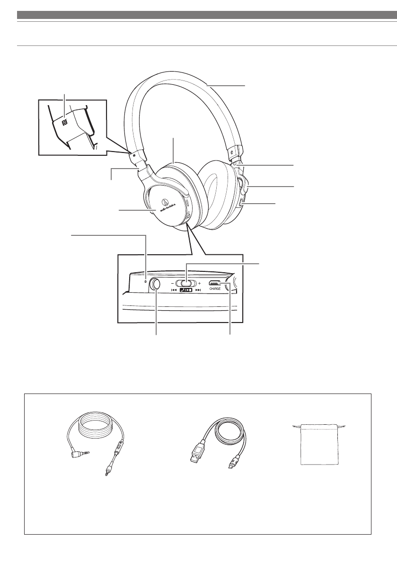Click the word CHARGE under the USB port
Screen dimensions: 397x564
[x=217, y=289]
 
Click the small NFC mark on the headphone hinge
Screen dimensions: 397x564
[x=134, y=154]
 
